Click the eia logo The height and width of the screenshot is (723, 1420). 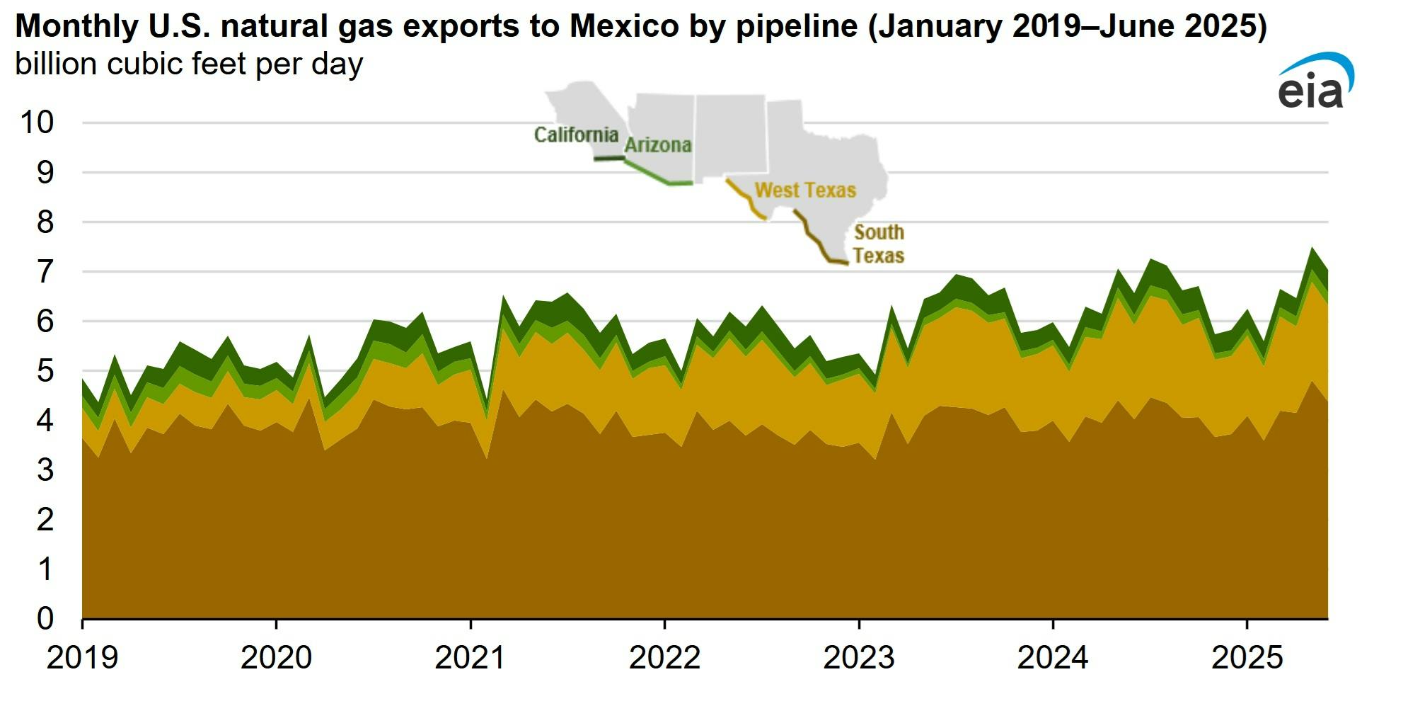[x=1315, y=82]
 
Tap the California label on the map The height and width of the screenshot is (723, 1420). [x=576, y=135]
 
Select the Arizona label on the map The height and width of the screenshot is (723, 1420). [x=657, y=145]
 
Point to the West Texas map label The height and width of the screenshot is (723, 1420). [x=805, y=190]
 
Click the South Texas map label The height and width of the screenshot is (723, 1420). [x=878, y=244]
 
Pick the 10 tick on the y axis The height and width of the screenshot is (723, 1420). [x=37, y=123]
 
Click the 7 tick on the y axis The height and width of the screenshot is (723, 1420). [x=45, y=272]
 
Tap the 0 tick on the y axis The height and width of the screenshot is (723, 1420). [x=45, y=618]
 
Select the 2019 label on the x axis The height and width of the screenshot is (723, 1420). [x=82, y=658]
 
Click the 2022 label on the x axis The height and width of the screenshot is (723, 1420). [x=664, y=658]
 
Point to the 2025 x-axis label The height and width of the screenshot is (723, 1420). [x=1247, y=658]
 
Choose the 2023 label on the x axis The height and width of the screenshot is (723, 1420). [x=858, y=658]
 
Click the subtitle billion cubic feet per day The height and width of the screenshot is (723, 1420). [x=189, y=64]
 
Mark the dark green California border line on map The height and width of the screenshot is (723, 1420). [x=608, y=158]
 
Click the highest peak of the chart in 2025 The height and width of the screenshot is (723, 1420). [x=1312, y=249]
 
